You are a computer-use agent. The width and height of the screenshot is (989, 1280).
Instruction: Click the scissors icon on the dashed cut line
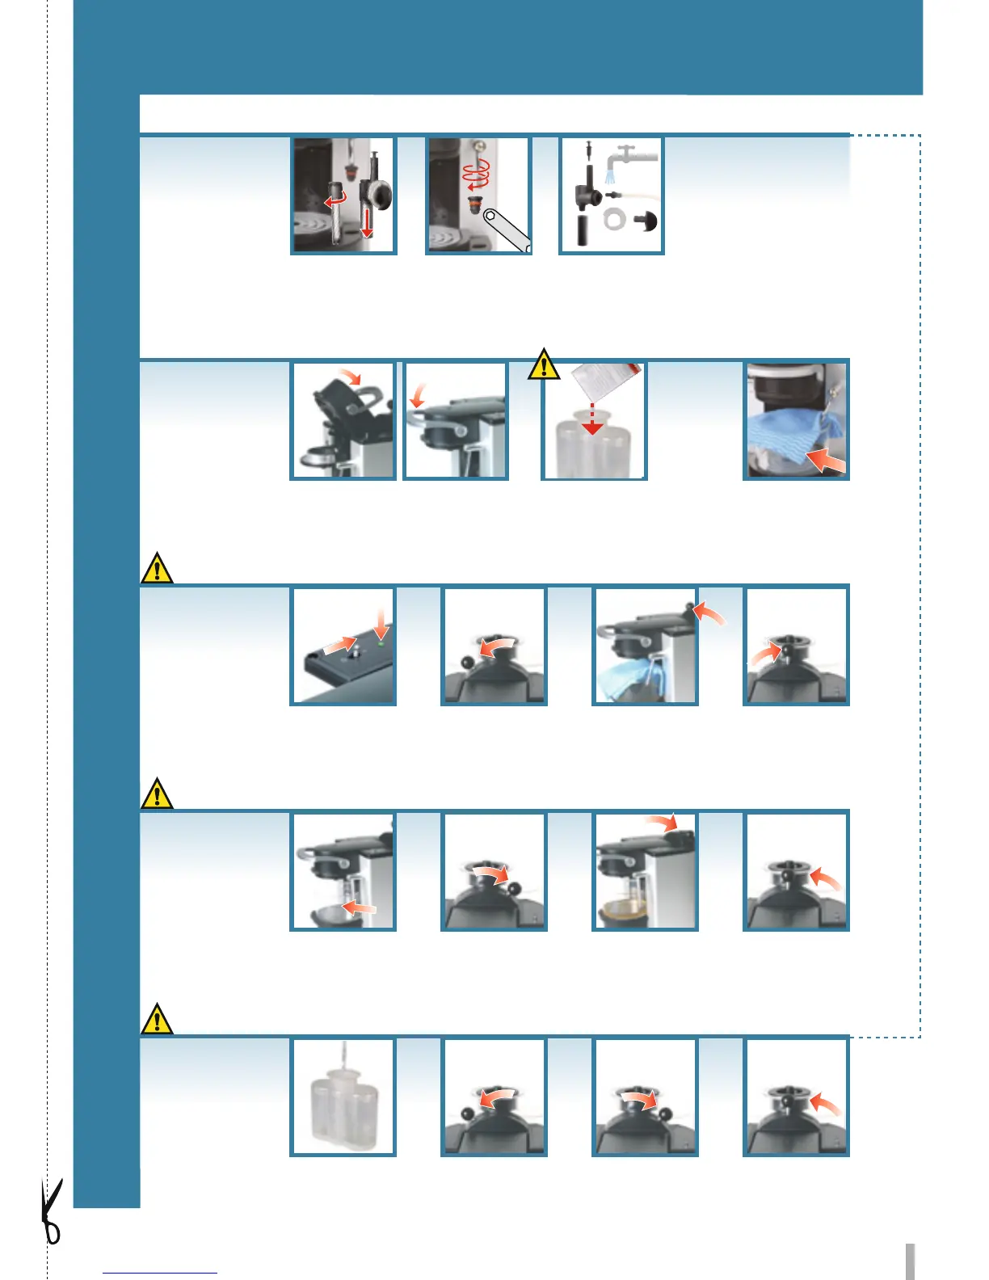tap(52, 1211)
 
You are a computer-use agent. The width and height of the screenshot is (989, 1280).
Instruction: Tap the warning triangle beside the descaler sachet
tap(545, 364)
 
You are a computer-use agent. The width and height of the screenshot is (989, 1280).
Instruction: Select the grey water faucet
tap(633, 155)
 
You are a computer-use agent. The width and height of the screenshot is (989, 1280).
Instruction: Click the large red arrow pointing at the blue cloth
tap(826, 461)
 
